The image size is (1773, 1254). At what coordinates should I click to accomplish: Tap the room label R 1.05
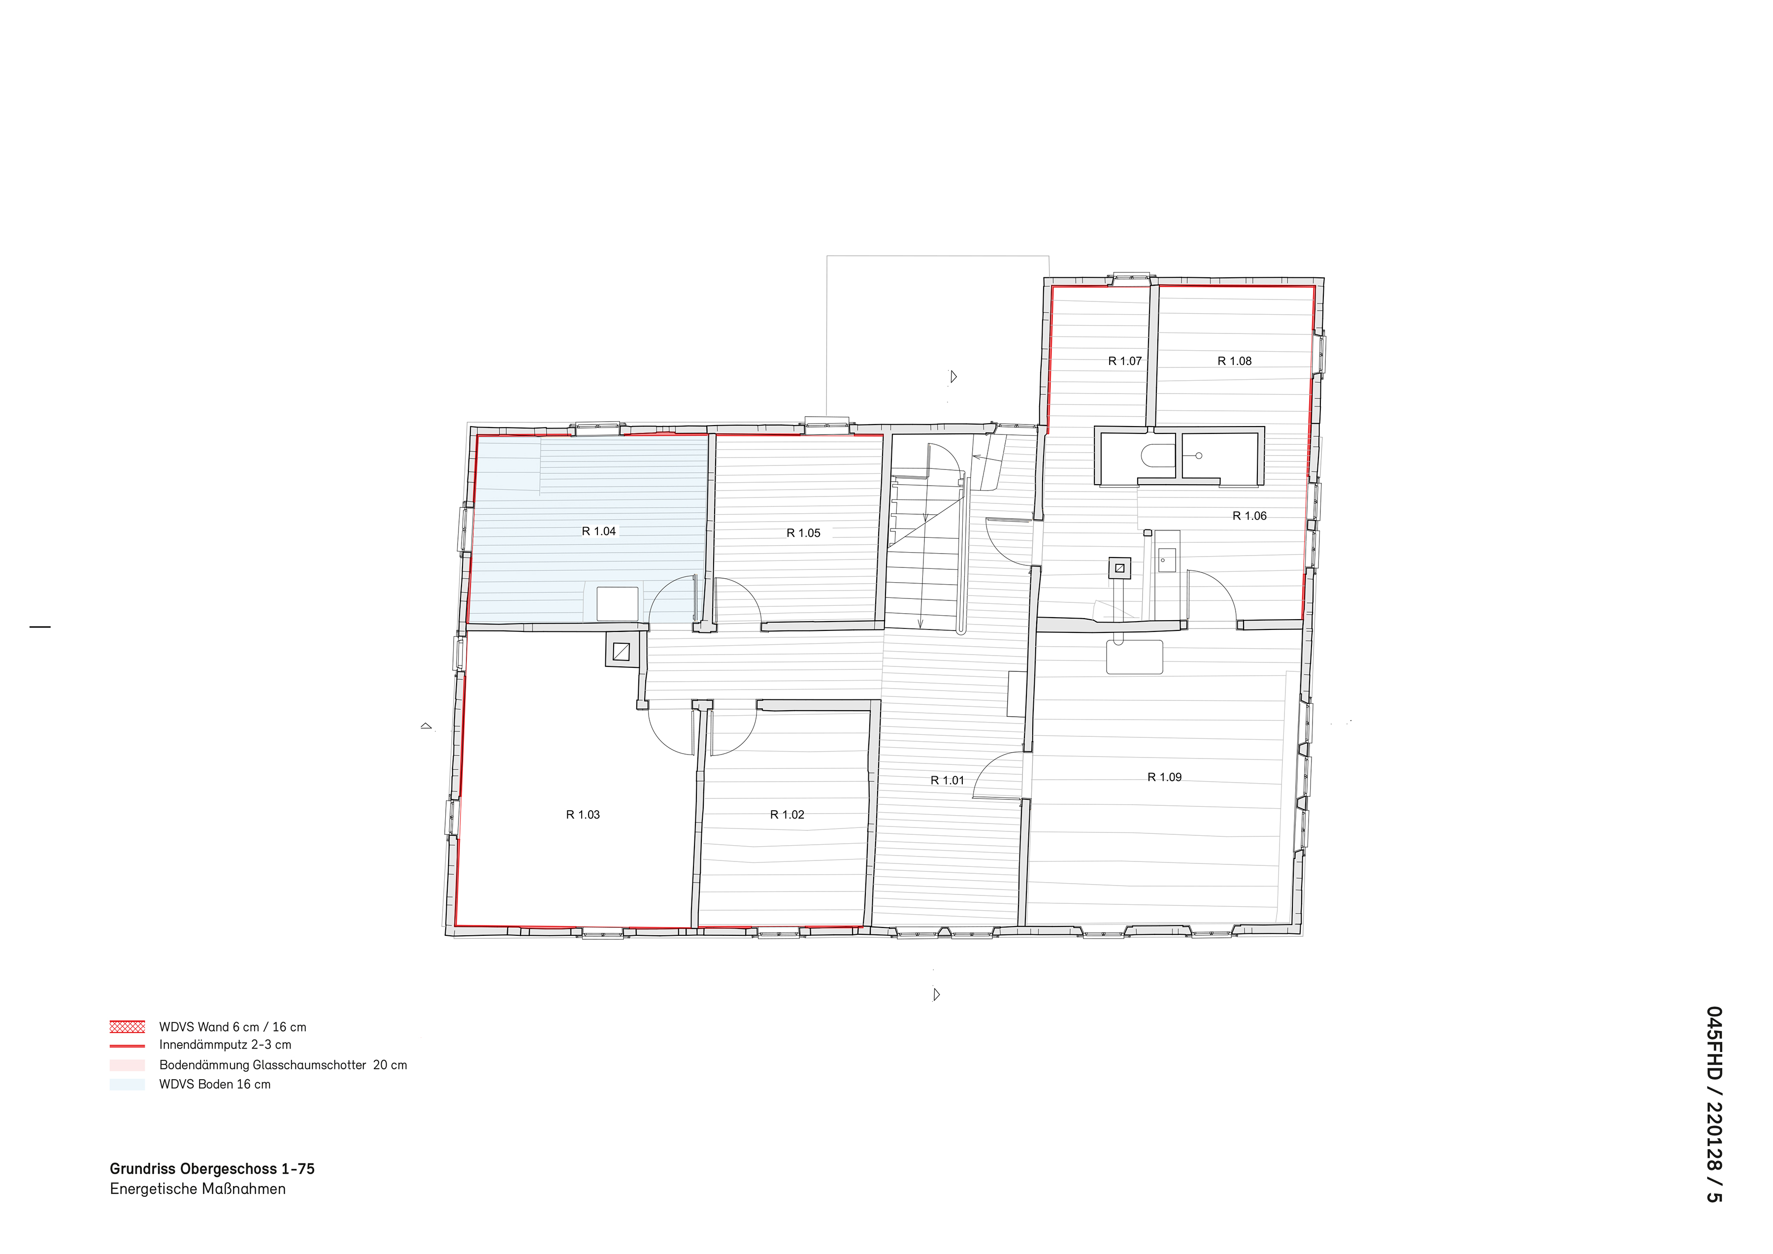[803, 533]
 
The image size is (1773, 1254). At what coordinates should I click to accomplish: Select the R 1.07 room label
[1124, 361]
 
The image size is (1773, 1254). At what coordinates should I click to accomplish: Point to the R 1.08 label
[1234, 361]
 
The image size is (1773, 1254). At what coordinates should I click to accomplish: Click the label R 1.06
[1249, 516]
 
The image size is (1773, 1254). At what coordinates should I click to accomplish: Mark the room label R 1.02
[787, 815]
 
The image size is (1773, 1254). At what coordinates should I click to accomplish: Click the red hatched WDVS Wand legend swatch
[128, 1027]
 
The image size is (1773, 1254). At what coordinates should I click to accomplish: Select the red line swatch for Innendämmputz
[128, 1046]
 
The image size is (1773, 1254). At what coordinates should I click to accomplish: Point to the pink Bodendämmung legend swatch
[128, 1065]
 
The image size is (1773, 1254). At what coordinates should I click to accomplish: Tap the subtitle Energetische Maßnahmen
[197, 1189]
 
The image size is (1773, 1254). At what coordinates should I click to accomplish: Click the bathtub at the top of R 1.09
[1134, 657]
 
